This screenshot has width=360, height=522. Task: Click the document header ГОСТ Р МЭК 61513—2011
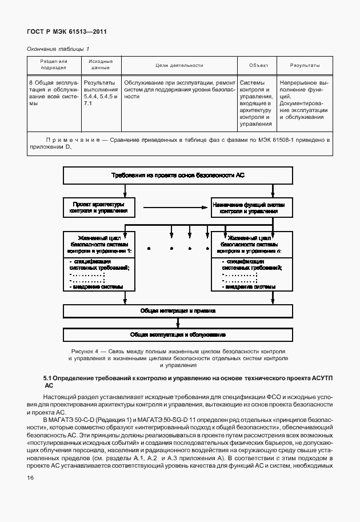[x=67, y=32]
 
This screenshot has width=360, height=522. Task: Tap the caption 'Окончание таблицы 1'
[x=59, y=49]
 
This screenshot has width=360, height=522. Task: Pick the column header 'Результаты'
[x=305, y=66]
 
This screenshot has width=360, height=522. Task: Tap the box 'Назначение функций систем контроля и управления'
[x=249, y=207]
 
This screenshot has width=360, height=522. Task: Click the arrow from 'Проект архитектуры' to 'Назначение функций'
[x=171, y=207]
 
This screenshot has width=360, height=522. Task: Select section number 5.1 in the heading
[x=49, y=378]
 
